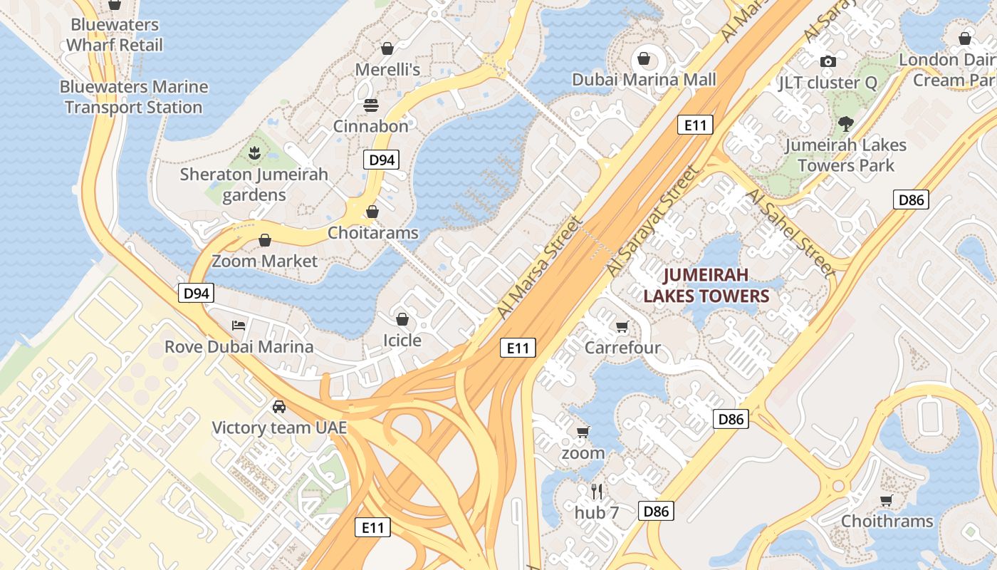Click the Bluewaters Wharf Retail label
click(115, 35)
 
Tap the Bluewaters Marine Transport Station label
click(134, 97)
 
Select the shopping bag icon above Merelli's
click(387, 48)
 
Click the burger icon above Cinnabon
click(370, 105)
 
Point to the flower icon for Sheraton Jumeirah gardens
click(254, 152)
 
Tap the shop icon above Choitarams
click(372, 212)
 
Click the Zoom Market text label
click(264, 261)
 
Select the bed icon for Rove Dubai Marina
click(239, 326)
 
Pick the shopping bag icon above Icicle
click(402, 318)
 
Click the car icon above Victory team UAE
click(279, 406)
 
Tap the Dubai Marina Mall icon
click(644, 58)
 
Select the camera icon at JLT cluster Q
click(828, 62)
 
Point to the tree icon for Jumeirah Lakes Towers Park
click(845, 124)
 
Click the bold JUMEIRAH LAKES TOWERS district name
click(706, 285)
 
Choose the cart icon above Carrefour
click(622, 327)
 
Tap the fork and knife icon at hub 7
click(597, 491)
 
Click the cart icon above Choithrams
click(887, 500)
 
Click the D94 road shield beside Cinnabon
click(382, 160)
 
